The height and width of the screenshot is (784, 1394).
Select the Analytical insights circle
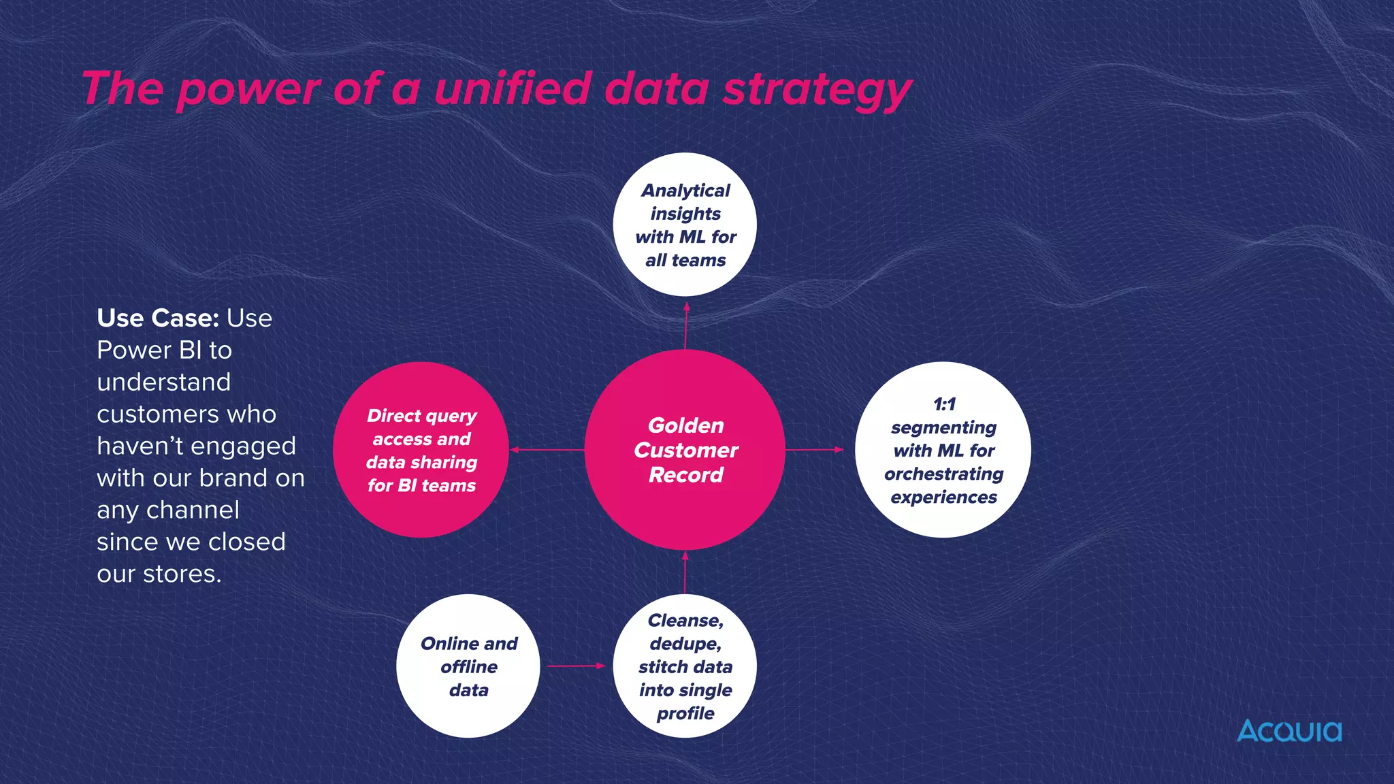pyautogui.click(x=685, y=225)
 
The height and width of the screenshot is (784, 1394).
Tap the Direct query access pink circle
pyautogui.click(x=421, y=450)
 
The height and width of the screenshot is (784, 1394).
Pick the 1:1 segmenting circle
pyautogui.click(x=943, y=450)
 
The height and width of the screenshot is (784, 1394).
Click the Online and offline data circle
pyautogui.click(x=468, y=666)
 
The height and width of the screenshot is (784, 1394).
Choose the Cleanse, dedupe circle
pyautogui.click(x=685, y=666)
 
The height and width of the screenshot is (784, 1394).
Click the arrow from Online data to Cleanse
pyautogui.click(x=576, y=666)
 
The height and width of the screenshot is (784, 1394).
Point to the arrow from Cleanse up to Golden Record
pyautogui.click(x=685, y=572)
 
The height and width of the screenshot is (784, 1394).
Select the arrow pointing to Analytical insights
pyautogui.click(x=685, y=325)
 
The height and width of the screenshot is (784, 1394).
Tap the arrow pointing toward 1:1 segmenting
pyautogui.click(x=814, y=450)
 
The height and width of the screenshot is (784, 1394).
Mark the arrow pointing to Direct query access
pyautogui.click(x=547, y=450)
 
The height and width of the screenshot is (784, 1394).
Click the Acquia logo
pyautogui.click(x=1288, y=731)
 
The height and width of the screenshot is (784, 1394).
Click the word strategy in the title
pyautogui.click(x=816, y=90)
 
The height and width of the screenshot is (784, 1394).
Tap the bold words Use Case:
pyautogui.click(x=158, y=318)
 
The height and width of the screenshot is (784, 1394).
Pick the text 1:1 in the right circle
pyautogui.click(x=944, y=404)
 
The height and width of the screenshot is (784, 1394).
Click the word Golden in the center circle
pyautogui.click(x=685, y=425)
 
